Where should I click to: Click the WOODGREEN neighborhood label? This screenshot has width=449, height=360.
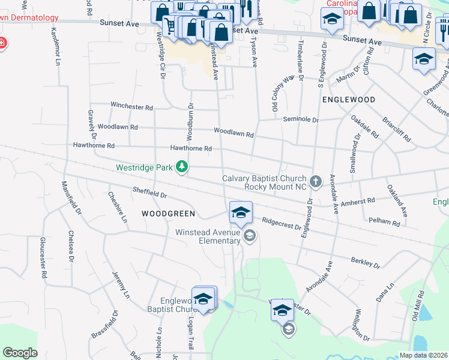point(160,214)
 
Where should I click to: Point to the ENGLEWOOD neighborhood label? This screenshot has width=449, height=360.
point(349,100)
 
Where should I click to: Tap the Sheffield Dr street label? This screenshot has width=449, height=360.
point(149,193)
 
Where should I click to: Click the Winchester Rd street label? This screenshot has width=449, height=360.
point(131,107)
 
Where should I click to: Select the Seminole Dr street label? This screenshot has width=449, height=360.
point(301,119)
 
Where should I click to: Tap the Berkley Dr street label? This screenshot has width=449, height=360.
point(366,262)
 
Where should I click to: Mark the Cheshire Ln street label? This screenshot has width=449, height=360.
point(118,207)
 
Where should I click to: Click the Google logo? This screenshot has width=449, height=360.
point(20,353)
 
